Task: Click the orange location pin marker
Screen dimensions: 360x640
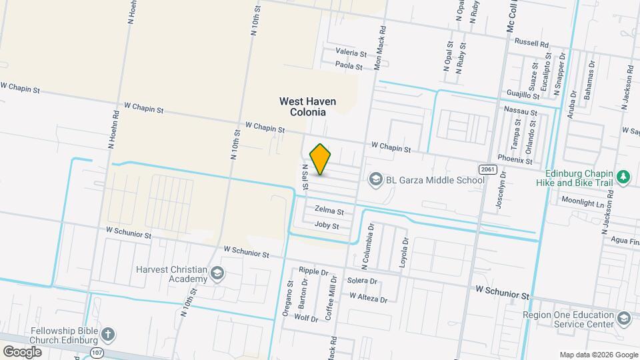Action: [321, 159]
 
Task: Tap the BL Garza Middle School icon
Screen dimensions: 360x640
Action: [376, 180]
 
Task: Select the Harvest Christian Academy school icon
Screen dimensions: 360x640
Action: [217, 273]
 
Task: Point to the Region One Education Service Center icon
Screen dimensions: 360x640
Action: [624, 318]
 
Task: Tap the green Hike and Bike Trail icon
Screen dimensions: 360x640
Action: [624, 177]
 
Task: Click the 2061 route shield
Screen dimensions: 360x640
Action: [488, 169]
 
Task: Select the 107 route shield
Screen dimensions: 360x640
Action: [98, 351]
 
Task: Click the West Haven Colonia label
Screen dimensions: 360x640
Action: [307, 107]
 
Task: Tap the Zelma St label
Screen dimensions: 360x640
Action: [329, 211]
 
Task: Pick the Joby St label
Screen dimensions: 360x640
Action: [327, 225]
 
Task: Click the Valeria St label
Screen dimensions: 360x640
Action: [351, 52]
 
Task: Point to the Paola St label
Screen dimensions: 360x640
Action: [349, 66]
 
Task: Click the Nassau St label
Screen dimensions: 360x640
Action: [521, 111]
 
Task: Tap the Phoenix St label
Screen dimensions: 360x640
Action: [518, 161]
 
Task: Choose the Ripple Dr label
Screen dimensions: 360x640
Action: [314, 271]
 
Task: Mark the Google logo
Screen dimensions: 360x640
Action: [22, 351]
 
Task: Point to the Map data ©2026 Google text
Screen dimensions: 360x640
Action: [598, 355]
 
